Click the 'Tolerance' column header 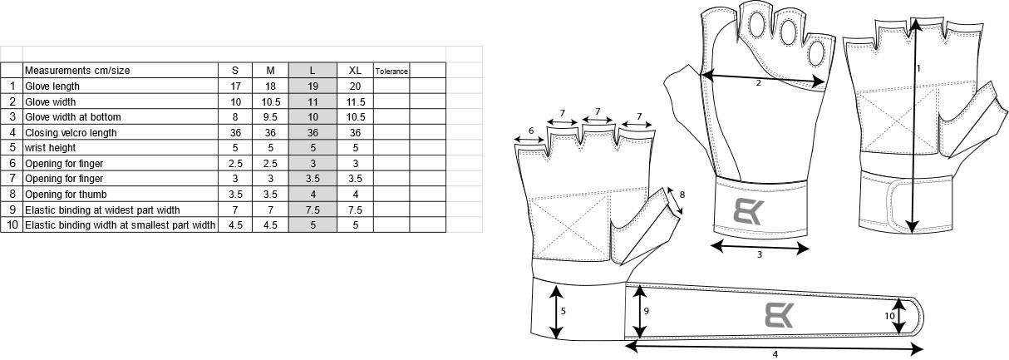391,71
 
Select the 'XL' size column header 355,71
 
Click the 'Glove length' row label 53,86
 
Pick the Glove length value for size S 235,86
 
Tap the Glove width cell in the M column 270,101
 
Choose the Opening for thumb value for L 313,195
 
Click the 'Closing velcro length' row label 71,132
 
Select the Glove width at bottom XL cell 355,117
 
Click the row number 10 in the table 12,225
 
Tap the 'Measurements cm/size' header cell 77,71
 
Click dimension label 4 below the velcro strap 775,354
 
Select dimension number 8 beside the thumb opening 682,195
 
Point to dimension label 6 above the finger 531,130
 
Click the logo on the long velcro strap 780,315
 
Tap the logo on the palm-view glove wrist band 751,210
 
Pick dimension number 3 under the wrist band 760,255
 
